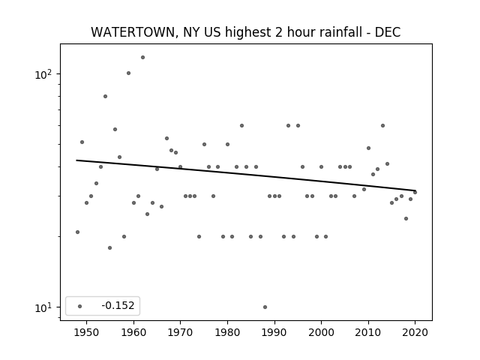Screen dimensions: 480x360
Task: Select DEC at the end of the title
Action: click(x=388, y=32)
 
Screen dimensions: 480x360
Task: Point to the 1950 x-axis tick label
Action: click(x=86, y=333)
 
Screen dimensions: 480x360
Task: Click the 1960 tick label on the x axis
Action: click(x=133, y=333)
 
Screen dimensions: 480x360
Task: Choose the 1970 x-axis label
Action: click(x=180, y=333)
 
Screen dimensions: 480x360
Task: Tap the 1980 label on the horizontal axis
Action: click(x=227, y=333)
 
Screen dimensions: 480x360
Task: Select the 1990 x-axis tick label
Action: click(x=274, y=333)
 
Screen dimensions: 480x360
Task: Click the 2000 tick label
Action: click(x=321, y=333)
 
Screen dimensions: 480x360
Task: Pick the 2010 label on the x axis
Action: click(x=368, y=333)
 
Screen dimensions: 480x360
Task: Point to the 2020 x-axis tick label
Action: click(x=415, y=333)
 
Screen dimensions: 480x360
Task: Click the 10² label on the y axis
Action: click(x=43, y=74)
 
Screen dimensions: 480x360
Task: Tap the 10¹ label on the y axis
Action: click(x=43, y=307)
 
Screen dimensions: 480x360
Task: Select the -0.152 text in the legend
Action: click(x=118, y=305)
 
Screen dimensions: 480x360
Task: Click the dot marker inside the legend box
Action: click(x=79, y=306)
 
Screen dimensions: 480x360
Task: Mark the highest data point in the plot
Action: click(x=142, y=57)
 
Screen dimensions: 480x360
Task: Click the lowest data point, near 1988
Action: click(x=265, y=307)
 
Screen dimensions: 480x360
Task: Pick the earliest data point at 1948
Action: click(x=77, y=232)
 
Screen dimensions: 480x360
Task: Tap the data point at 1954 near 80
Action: click(x=105, y=97)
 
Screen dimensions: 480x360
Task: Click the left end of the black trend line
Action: click(x=76, y=160)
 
